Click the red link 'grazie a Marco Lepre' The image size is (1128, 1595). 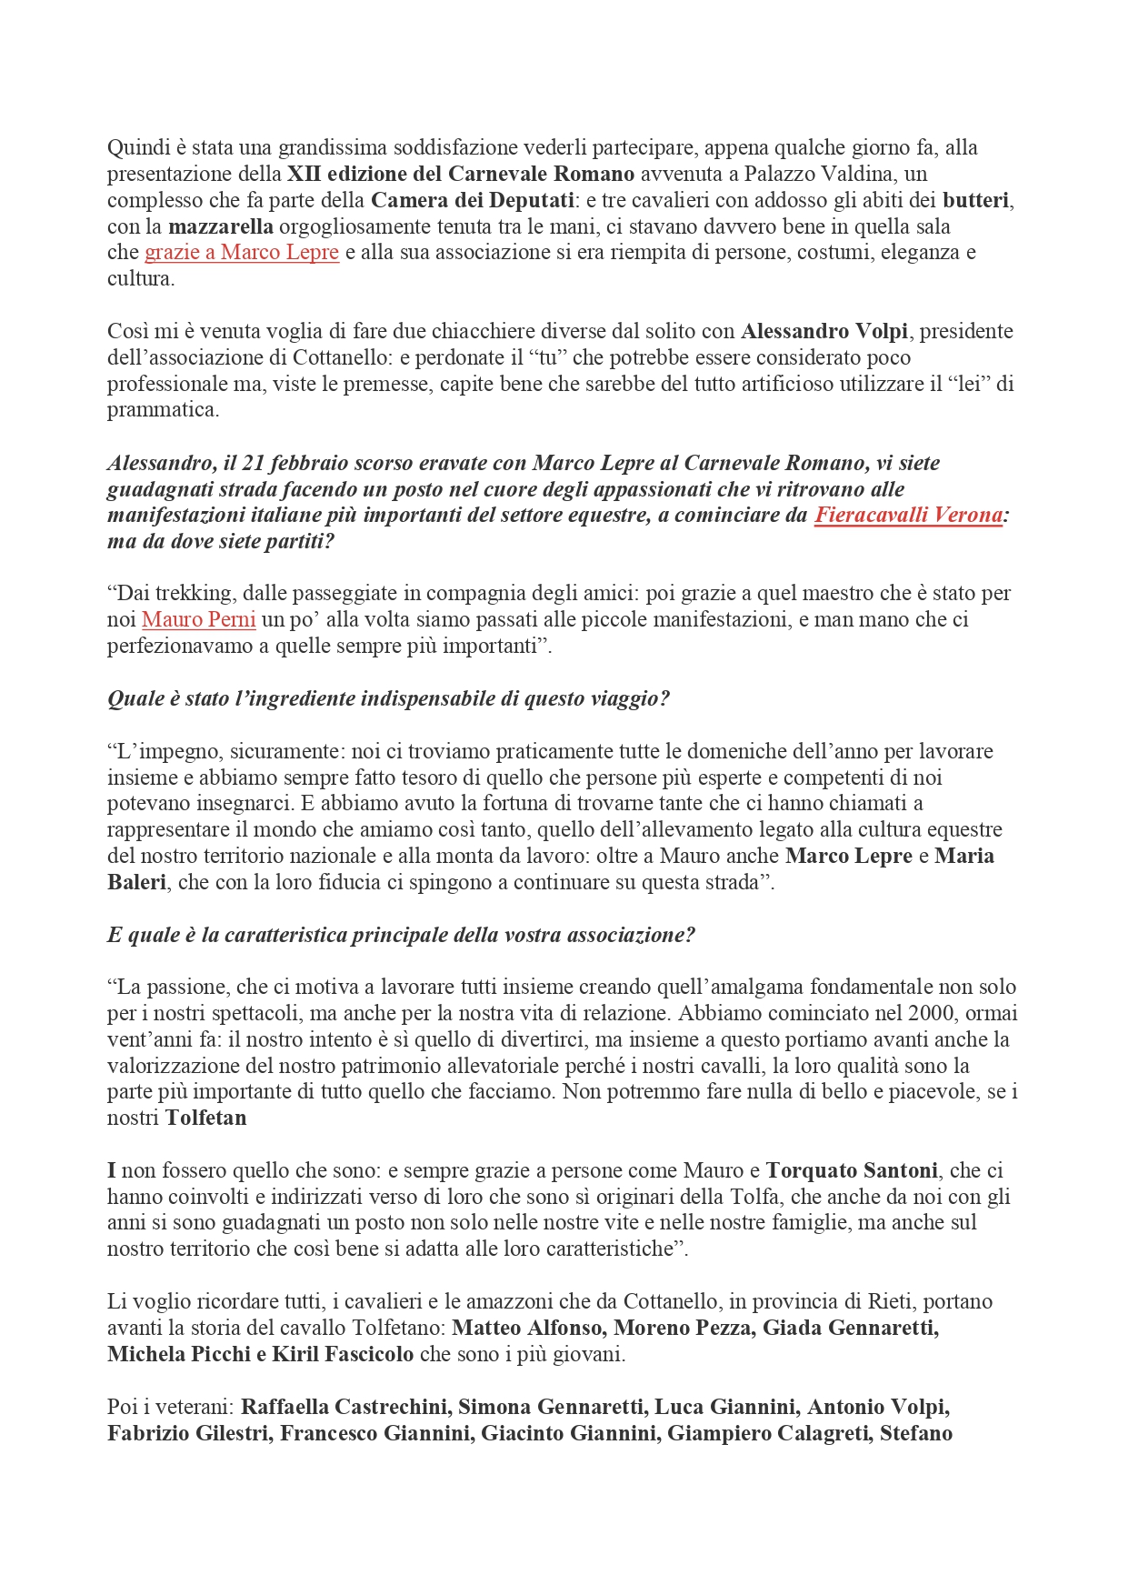[242, 252]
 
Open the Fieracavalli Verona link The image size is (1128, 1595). [908, 515]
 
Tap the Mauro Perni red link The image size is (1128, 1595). [199, 620]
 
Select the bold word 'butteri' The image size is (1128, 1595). [975, 200]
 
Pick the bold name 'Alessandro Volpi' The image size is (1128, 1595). [824, 331]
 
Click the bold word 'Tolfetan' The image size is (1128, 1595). [205, 1118]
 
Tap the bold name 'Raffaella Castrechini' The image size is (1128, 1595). [344, 1407]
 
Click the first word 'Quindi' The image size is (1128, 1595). [133, 147]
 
